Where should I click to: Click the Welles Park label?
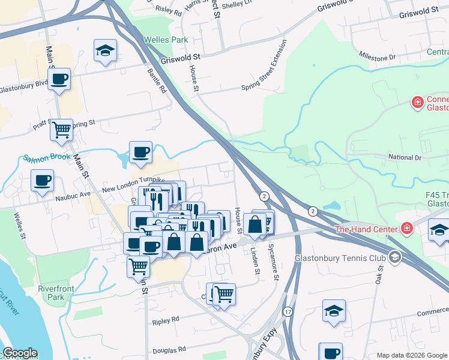(166, 40)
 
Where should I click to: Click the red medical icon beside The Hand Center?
(406, 229)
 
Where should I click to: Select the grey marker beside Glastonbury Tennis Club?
(394, 258)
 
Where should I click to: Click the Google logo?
(20, 353)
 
